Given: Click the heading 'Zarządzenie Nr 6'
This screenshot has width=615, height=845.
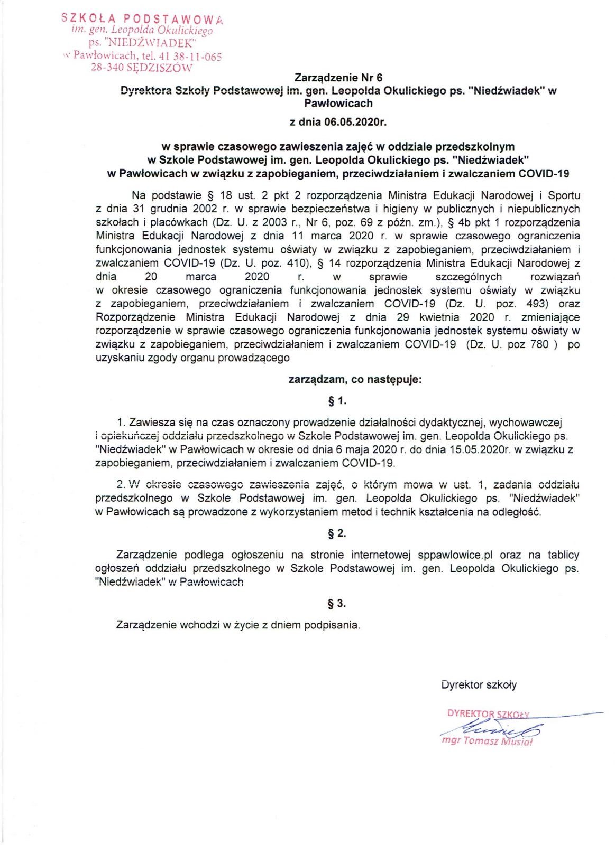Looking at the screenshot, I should coord(338,78).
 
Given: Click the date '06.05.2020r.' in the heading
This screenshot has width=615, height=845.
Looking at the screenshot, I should coord(356,122).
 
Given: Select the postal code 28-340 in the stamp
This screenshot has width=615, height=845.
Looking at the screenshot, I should coord(107,68).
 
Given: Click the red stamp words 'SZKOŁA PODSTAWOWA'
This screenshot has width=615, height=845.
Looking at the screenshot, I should coord(142,18).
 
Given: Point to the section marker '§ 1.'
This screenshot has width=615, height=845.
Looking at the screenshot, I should coord(337,401).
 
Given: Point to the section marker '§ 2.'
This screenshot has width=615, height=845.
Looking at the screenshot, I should coord(337,533).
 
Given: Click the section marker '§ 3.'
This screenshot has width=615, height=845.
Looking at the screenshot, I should coord(337,603).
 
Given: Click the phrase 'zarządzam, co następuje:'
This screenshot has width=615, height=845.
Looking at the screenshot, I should coord(355,379).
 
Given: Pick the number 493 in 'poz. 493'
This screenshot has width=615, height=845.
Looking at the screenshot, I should coord(537,304).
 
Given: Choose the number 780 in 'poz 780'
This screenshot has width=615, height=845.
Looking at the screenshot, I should coord(539,344).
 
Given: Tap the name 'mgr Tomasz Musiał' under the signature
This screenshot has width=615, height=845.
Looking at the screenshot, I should coord(487,741).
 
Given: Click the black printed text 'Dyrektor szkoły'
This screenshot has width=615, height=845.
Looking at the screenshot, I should coord(479,685).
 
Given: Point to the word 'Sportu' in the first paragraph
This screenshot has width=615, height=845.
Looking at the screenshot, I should coord(564,195).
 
